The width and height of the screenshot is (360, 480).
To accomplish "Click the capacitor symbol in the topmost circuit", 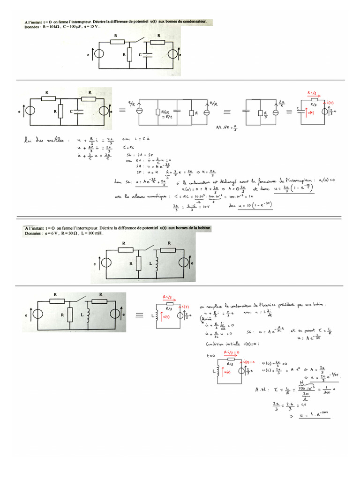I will pyautogui.click(x=147, y=55).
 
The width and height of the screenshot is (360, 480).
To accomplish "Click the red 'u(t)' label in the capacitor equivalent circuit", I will pyautogui.click(x=310, y=112).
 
